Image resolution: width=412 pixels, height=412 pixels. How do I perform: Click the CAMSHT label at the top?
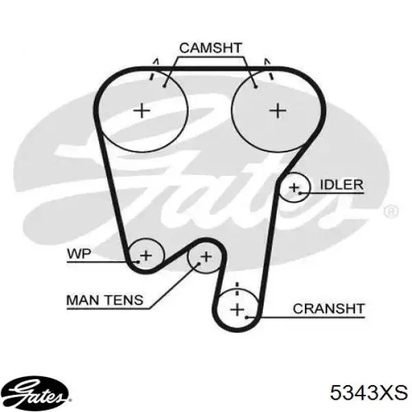click(x=211, y=48)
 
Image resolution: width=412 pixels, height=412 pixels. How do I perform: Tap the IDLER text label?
click(x=342, y=185)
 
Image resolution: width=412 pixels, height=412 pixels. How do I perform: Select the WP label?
click(x=79, y=254)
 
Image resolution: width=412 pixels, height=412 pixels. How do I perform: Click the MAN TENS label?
click(x=105, y=300)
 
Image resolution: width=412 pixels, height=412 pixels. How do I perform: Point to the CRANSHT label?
click(x=329, y=309)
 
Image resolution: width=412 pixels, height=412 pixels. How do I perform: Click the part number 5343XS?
click(x=369, y=393)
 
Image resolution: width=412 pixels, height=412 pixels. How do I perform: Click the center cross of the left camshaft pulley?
click(x=142, y=111)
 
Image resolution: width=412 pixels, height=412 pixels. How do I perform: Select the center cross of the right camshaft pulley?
click(x=278, y=111)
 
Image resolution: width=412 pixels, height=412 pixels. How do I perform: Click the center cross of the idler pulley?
click(x=294, y=187)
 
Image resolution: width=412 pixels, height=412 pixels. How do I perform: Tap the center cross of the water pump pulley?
click(x=146, y=255)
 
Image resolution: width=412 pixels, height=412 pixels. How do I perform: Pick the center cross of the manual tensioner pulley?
click(x=206, y=256)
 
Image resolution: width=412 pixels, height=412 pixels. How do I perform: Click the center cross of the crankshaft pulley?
click(x=238, y=309)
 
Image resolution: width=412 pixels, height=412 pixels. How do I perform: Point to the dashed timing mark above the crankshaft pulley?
click(x=238, y=288)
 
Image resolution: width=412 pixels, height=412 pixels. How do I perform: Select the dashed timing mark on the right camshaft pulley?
click(x=268, y=69)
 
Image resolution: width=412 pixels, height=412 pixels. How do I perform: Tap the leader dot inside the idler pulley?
click(x=300, y=194)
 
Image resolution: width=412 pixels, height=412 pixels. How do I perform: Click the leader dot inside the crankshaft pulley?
click(x=247, y=317)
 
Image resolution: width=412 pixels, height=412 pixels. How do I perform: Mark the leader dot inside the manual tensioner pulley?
click(x=198, y=264)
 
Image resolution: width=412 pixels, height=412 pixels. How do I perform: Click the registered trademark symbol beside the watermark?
click(x=391, y=211)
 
